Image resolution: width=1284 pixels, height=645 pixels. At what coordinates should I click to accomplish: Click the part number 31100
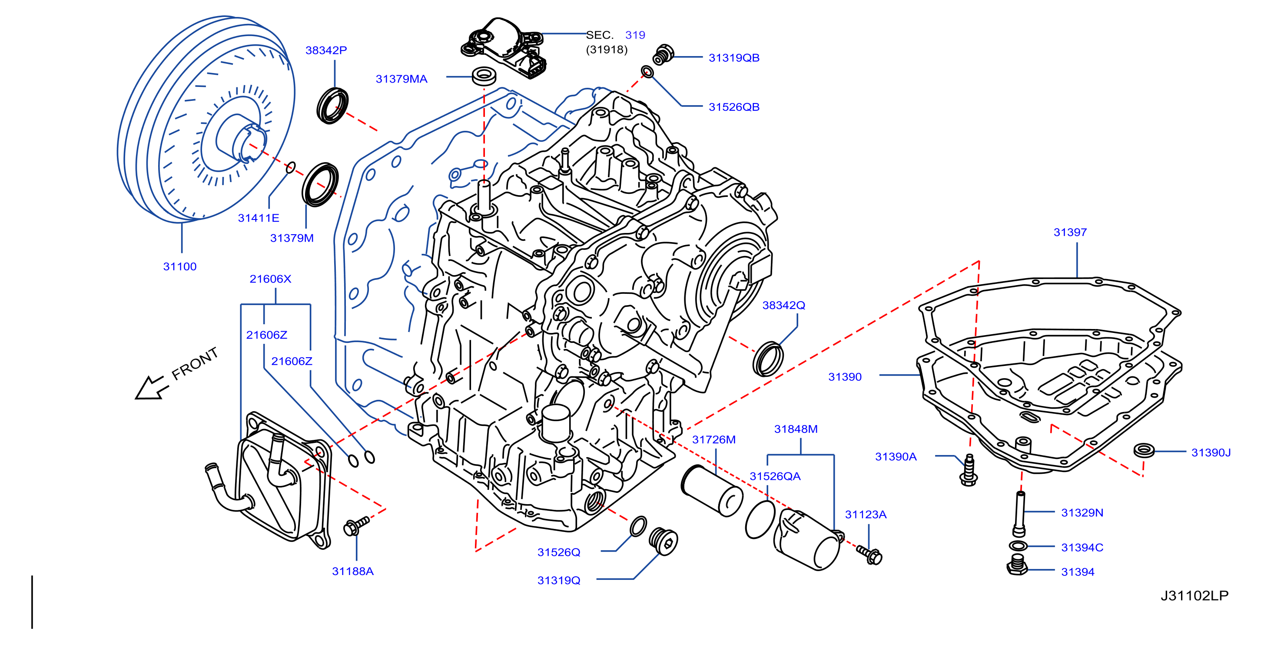point(180,267)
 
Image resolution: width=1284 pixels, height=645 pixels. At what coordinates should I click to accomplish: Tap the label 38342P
point(326,50)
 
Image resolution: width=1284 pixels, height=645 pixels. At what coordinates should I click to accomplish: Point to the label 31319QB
point(734,58)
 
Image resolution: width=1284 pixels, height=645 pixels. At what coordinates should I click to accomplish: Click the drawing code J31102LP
point(1194,595)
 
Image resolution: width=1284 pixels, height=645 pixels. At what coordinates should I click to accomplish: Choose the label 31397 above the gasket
point(1070,232)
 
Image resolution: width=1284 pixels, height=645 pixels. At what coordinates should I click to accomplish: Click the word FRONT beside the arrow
point(195,363)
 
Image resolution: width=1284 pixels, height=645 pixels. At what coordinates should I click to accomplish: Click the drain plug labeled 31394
point(1017,566)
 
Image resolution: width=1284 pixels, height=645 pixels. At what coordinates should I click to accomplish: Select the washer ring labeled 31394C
point(1018,545)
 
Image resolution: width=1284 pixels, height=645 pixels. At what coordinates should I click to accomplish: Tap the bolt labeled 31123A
point(869,554)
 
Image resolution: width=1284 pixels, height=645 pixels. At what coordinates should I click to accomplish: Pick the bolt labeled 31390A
point(969,469)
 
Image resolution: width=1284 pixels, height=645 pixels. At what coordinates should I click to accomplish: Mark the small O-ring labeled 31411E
point(291,167)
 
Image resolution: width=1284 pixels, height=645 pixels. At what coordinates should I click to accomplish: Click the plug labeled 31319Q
point(664,541)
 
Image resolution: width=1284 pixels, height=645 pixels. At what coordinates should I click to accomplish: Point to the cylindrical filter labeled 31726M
point(712,490)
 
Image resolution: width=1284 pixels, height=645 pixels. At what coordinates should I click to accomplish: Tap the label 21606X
point(270,279)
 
